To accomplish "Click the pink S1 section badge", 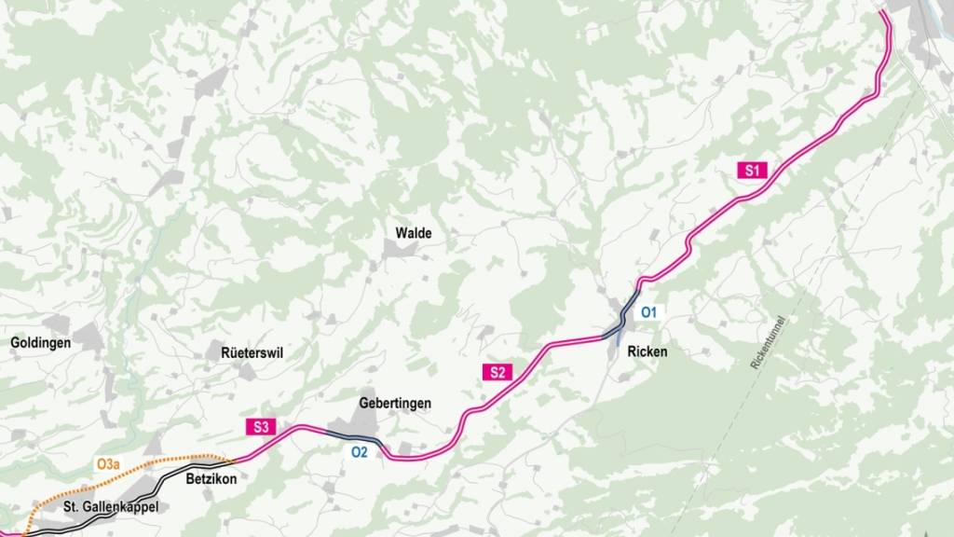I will (x=753, y=170).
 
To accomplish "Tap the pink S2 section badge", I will (x=497, y=372).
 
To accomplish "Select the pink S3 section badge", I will (x=262, y=427).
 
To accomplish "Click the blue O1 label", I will (x=649, y=311).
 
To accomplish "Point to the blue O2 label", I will (x=360, y=452).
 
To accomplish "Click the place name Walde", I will (x=414, y=233).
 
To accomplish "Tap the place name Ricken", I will (x=648, y=352).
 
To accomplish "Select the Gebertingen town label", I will (x=395, y=404).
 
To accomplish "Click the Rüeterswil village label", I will (x=252, y=353).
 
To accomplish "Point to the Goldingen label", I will (x=41, y=343).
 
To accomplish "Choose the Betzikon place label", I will (x=212, y=479).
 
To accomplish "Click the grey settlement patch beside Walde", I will (x=394, y=248).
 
